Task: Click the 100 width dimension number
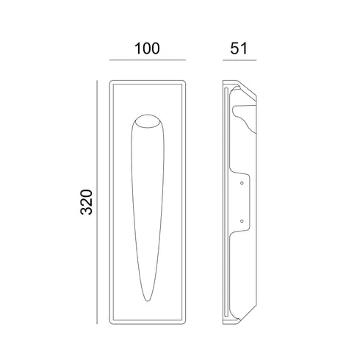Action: click(147, 48)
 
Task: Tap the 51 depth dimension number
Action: click(239, 48)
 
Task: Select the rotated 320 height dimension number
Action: click(87, 202)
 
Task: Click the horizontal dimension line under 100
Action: click(148, 60)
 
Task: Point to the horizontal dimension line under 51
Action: click(240, 60)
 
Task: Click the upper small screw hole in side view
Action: click(242, 183)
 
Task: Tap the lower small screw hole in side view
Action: click(242, 221)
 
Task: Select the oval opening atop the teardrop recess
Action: click(148, 121)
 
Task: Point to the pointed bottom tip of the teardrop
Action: click(147, 300)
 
